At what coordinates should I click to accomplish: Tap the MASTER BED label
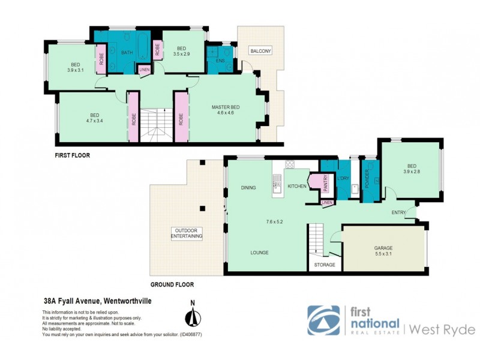[225, 107]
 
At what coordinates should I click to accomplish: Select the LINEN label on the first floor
[145, 70]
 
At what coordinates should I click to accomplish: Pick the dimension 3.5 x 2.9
[181, 54]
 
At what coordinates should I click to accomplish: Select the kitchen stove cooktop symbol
[289, 164]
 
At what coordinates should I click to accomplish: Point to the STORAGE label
[325, 265]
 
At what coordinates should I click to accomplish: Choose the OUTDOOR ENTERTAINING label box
[187, 234]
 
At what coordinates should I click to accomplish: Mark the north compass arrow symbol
[193, 317]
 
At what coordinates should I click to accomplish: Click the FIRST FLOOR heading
[72, 155]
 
